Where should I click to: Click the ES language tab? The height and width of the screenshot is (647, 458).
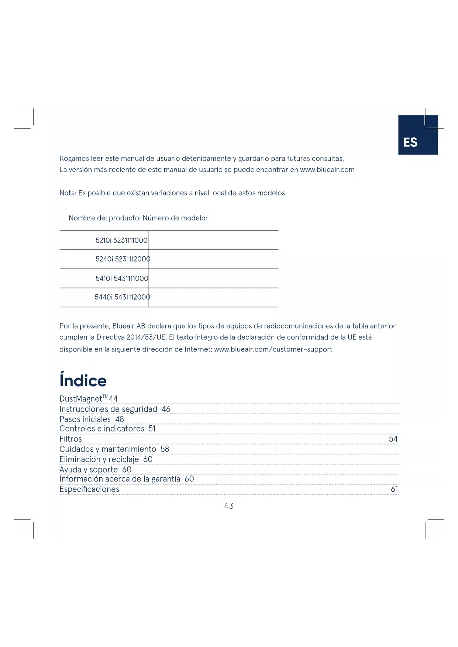[417, 135]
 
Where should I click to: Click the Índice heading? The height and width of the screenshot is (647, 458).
[83, 381]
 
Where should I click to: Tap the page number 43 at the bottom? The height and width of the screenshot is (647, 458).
[229, 506]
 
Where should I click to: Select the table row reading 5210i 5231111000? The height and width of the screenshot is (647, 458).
[121, 241]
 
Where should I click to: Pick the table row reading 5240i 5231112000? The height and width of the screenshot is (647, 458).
[123, 259]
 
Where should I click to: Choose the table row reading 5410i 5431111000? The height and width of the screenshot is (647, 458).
[122, 278]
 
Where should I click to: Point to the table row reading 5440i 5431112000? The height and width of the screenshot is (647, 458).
[122, 297]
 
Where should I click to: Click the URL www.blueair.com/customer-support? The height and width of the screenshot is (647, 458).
[273, 349]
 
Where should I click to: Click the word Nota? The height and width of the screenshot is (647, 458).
[68, 193]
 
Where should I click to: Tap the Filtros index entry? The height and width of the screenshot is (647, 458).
[70, 439]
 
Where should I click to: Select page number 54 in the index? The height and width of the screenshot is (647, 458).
[393, 439]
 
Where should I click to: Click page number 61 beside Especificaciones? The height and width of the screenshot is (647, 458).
[394, 489]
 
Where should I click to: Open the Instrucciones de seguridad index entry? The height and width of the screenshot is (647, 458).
[108, 409]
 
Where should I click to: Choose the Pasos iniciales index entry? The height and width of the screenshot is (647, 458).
[85, 419]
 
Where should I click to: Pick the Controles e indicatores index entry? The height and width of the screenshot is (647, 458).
[101, 429]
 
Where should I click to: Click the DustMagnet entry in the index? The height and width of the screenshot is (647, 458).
[81, 399]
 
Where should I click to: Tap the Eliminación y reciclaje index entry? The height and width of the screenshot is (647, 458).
[99, 459]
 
